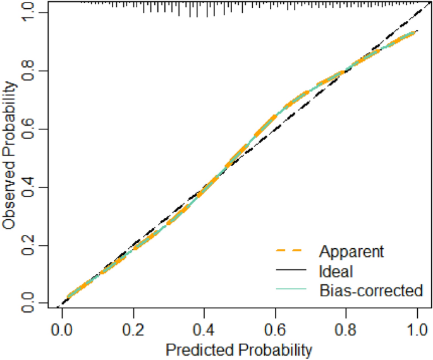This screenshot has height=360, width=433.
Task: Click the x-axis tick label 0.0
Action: (x=61, y=330)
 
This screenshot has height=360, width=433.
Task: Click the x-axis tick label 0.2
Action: (x=133, y=330)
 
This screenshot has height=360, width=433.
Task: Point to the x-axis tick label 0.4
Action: (x=204, y=330)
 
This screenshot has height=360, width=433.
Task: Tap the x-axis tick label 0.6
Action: (x=275, y=330)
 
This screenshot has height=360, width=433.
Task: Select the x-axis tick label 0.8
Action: (x=346, y=330)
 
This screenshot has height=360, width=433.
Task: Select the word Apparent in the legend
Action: (x=351, y=251)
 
